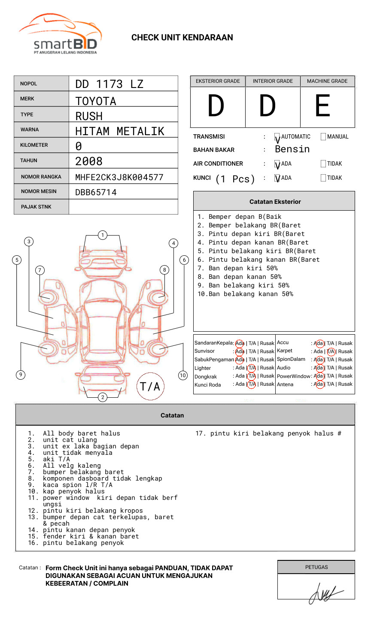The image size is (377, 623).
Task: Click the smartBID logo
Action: [x=61, y=34]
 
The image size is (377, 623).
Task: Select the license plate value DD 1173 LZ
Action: [x=109, y=84]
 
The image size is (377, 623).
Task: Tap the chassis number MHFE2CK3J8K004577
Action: [x=119, y=177]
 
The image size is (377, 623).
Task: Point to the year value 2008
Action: [x=89, y=161]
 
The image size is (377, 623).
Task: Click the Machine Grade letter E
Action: [x=322, y=106]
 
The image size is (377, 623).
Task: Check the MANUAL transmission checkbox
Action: [x=323, y=136]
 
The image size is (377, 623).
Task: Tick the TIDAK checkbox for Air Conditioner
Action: [x=323, y=163]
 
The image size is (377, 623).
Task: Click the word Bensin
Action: [x=292, y=149]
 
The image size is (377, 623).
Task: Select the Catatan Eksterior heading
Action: [x=275, y=202]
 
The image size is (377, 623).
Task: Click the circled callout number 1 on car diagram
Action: [x=103, y=235]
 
